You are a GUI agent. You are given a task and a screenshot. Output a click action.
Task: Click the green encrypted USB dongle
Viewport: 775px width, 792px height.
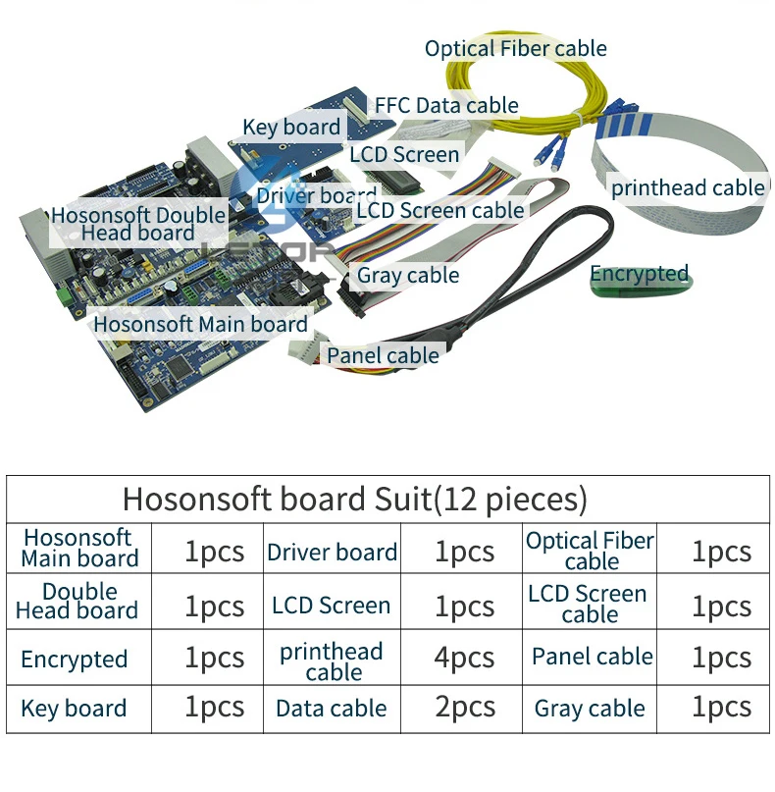pos(642,286)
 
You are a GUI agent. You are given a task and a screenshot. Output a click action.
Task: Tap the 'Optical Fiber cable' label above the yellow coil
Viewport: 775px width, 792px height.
pos(515,49)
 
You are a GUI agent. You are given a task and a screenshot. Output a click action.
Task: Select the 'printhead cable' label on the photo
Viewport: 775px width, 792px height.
pos(688,187)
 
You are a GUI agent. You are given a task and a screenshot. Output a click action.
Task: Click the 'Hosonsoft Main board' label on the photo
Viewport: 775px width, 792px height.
pos(200,324)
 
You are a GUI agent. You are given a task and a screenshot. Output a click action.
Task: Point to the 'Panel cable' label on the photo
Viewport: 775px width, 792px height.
pos(383,355)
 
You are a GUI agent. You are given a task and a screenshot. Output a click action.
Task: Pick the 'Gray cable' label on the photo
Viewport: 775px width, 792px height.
pos(408,276)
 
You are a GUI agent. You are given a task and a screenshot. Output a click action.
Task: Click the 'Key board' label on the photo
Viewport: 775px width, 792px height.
pos(291,128)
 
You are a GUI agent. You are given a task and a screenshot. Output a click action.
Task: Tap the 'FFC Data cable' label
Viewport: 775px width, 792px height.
pos(446,106)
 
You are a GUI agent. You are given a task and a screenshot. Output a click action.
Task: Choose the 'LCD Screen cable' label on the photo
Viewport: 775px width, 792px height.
pos(440,211)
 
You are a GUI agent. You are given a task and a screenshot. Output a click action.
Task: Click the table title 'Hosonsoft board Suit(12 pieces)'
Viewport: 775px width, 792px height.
pos(355,499)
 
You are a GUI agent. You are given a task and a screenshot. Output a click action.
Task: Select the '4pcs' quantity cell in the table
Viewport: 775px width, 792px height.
pos(464,658)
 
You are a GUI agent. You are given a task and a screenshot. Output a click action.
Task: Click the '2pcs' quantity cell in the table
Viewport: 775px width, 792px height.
pos(465,707)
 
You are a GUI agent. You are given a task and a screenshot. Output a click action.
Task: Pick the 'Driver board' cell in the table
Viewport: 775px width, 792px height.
pos(332,553)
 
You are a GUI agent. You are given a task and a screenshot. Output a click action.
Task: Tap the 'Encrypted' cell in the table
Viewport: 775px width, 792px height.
pos(75,660)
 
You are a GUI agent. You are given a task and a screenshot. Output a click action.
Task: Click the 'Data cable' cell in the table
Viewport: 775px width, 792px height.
pos(332,709)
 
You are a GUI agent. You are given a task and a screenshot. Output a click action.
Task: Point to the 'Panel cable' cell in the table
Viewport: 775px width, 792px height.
pos(593,657)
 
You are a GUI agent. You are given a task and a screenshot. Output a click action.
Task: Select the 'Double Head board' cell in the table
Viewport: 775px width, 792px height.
pos(77,601)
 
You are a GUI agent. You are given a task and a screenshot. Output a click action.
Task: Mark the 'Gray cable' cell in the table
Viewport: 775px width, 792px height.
pos(590,709)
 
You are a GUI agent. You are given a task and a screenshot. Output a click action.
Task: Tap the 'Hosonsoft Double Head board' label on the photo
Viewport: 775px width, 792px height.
pos(138,224)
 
